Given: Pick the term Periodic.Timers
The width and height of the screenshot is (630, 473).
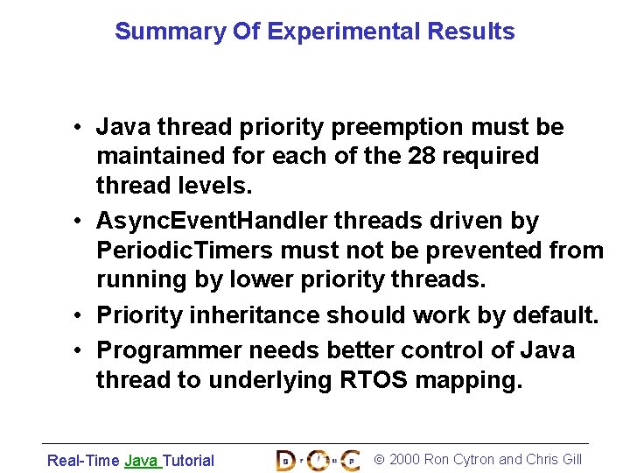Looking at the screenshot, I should (x=185, y=251).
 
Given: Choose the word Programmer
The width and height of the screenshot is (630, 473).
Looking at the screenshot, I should (x=170, y=350).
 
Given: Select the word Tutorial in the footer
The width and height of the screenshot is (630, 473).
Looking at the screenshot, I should (x=189, y=460).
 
